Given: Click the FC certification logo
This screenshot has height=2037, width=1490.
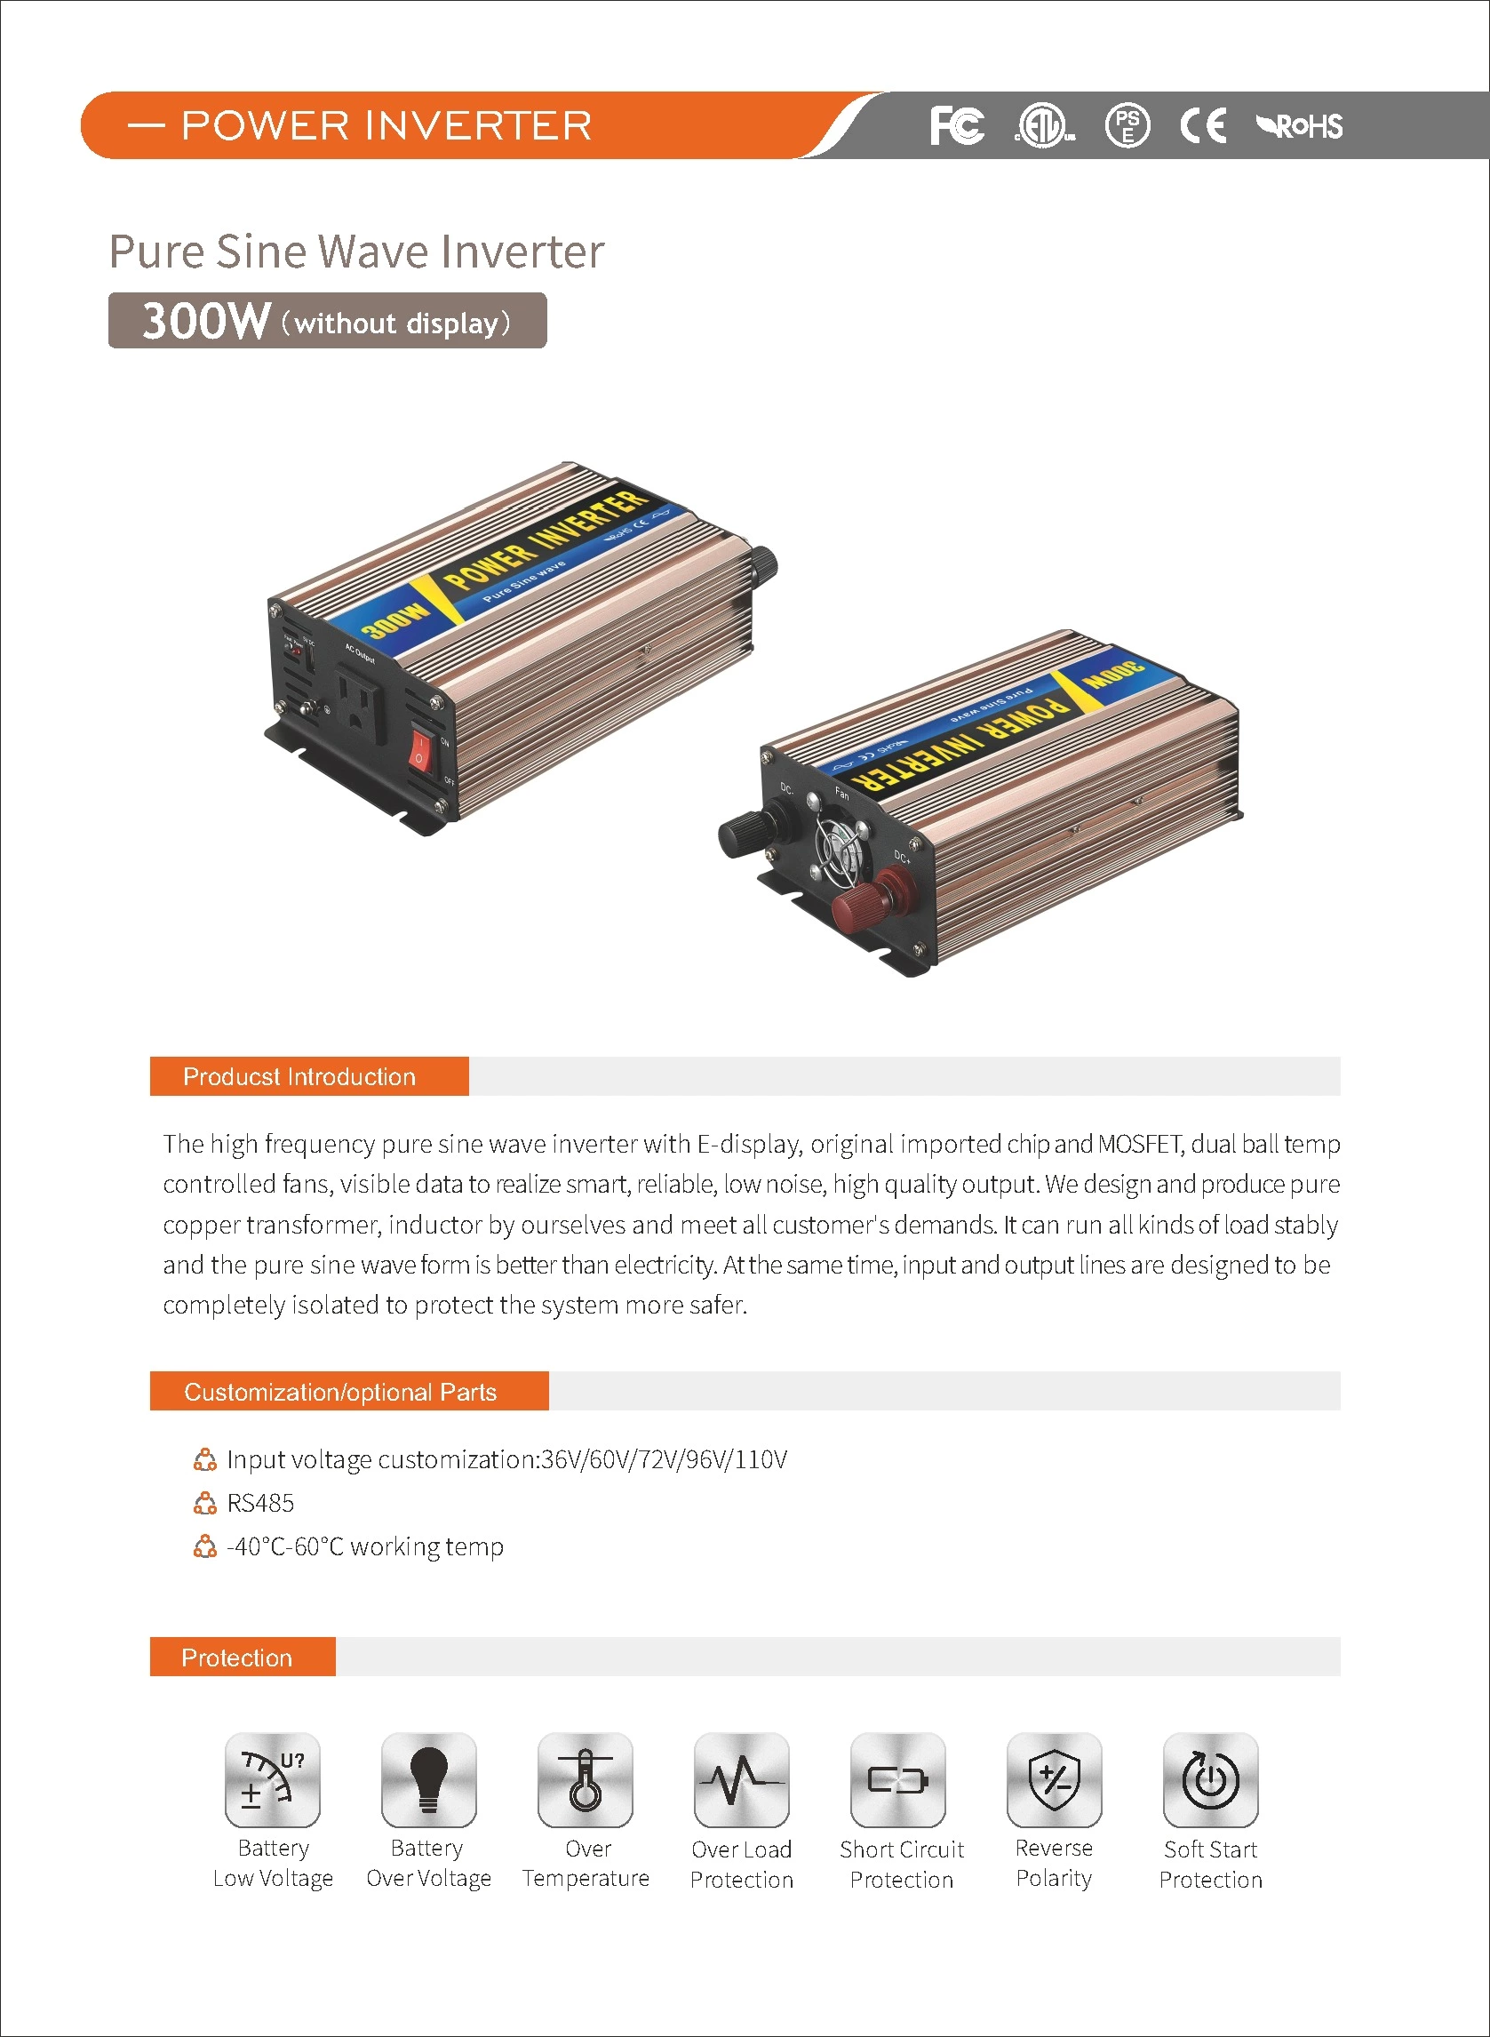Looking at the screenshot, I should (x=957, y=125).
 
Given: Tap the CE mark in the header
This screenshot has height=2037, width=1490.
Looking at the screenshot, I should (x=1203, y=125).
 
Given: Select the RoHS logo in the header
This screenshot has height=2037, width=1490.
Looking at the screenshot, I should (x=1300, y=126).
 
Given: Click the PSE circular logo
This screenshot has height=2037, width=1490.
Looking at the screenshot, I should (x=1127, y=125).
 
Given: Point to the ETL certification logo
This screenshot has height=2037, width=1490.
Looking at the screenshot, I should (x=1045, y=125).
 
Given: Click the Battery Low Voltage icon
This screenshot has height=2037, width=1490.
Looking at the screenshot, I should (x=273, y=1780).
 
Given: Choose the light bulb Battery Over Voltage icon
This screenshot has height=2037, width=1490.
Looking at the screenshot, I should (x=428, y=1780).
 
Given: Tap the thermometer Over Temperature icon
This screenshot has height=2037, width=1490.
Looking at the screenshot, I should (x=586, y=1780).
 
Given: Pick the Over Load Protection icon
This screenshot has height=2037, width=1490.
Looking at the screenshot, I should (x=741, y=1780).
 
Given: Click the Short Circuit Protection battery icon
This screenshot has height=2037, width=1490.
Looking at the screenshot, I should (x=898, y=1780).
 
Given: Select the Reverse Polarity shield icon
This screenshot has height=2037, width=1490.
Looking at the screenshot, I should (x=1055, y=1780).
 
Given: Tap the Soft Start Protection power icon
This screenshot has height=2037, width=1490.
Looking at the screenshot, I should (x=1210, y=1780).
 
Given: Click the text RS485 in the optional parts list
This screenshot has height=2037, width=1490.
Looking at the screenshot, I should (x=260, y=1503).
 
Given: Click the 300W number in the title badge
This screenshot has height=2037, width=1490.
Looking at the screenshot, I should (x=206, y=320).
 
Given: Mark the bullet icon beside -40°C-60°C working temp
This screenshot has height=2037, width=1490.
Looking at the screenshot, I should (x=205, y=1546).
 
